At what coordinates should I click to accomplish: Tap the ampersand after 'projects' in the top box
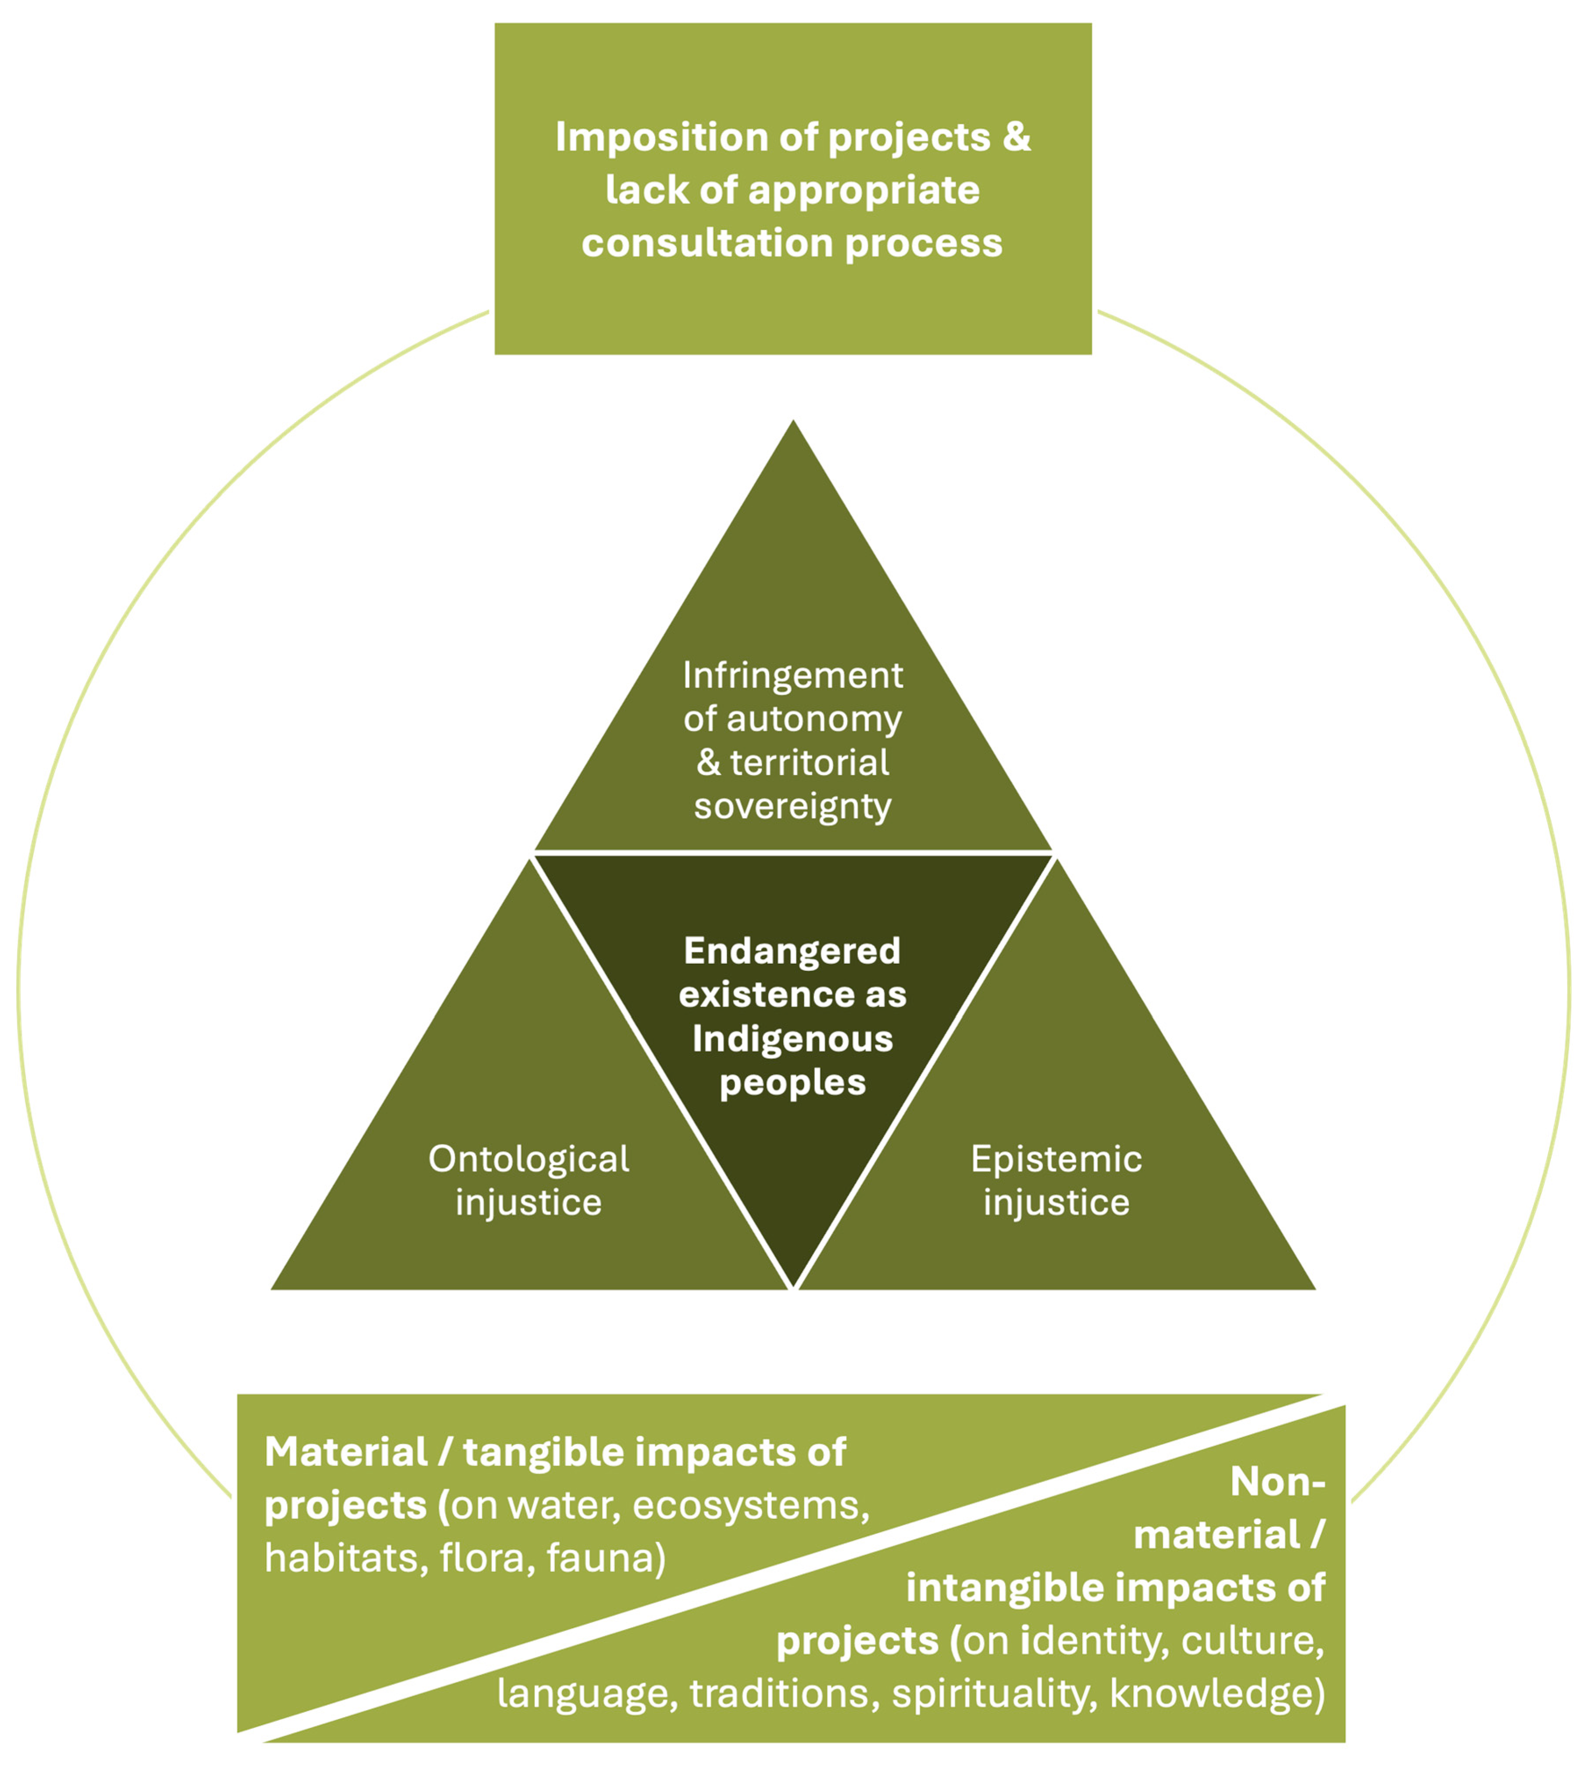1017,138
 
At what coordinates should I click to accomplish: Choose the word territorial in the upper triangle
810,763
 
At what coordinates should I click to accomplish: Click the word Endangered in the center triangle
792,951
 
